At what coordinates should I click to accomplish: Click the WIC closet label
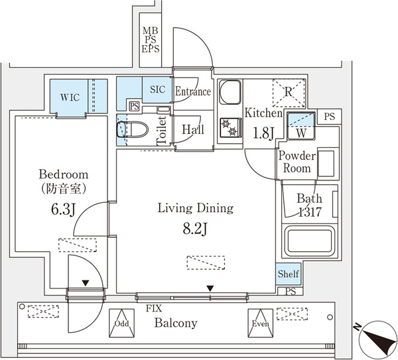tap(70, 97)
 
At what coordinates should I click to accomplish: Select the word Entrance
tap(193, 92)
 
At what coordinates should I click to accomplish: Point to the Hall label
tap(193, 129)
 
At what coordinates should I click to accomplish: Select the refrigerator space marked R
tap(289, 94)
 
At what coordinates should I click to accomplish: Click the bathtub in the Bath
tap(310, 242)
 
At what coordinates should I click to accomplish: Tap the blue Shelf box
tap(288, 274)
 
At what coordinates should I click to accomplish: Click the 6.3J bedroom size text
tap(63, 211)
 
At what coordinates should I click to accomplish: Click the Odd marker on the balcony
tap(121, 324)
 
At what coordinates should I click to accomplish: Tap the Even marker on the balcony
tap(259, 324)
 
